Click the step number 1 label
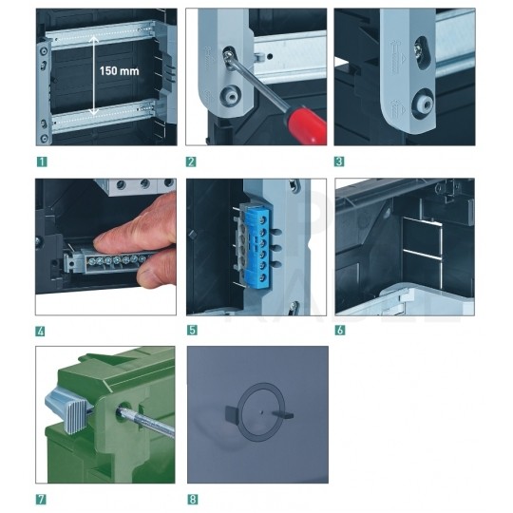(42, 161)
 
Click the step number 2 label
(191, 161)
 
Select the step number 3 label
(339, 161)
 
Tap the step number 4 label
(40, 332)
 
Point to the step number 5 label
(192, 330)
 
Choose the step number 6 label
(340, 330)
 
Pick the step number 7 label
(41, 500)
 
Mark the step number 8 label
(192, 500)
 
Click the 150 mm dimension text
(119, 71)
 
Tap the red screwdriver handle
(306, 124)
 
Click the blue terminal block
(258, 246)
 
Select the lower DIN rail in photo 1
(103, 116)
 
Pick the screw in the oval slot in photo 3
(420, 50)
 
